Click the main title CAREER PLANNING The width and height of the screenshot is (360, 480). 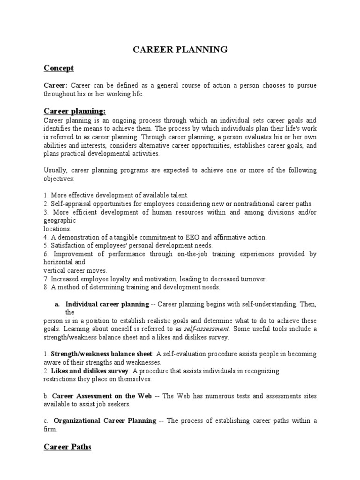tap(180, 49)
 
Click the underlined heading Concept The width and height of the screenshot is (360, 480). tap(59, 68)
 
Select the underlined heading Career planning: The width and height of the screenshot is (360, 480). tap(75, 111)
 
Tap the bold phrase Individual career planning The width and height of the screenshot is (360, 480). tap(107, 304)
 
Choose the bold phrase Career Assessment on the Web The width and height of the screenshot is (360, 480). tap(102, 396)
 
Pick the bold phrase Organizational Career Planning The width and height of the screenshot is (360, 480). tap(105, 420)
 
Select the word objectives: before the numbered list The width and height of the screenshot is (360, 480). tap(59, 178)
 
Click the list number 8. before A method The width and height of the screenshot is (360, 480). tap(46, 287)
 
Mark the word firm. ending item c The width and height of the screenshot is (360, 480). tap(51, 429)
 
